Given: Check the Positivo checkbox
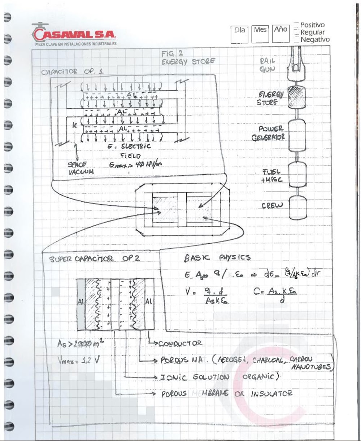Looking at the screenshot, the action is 296,25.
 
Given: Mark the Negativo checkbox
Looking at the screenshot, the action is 296,39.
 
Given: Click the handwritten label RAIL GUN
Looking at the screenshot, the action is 267,65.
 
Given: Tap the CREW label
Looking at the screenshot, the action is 272,206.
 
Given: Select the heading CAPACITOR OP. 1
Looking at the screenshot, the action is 72,72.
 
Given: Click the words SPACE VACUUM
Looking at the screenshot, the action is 81,168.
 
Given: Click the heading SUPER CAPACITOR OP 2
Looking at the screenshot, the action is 94,259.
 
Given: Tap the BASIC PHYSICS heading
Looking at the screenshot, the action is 217,258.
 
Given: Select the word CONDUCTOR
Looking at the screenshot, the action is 180,343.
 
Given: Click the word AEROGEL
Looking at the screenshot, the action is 232,360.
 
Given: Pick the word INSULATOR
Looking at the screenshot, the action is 271,394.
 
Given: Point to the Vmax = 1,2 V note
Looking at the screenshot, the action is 78,360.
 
